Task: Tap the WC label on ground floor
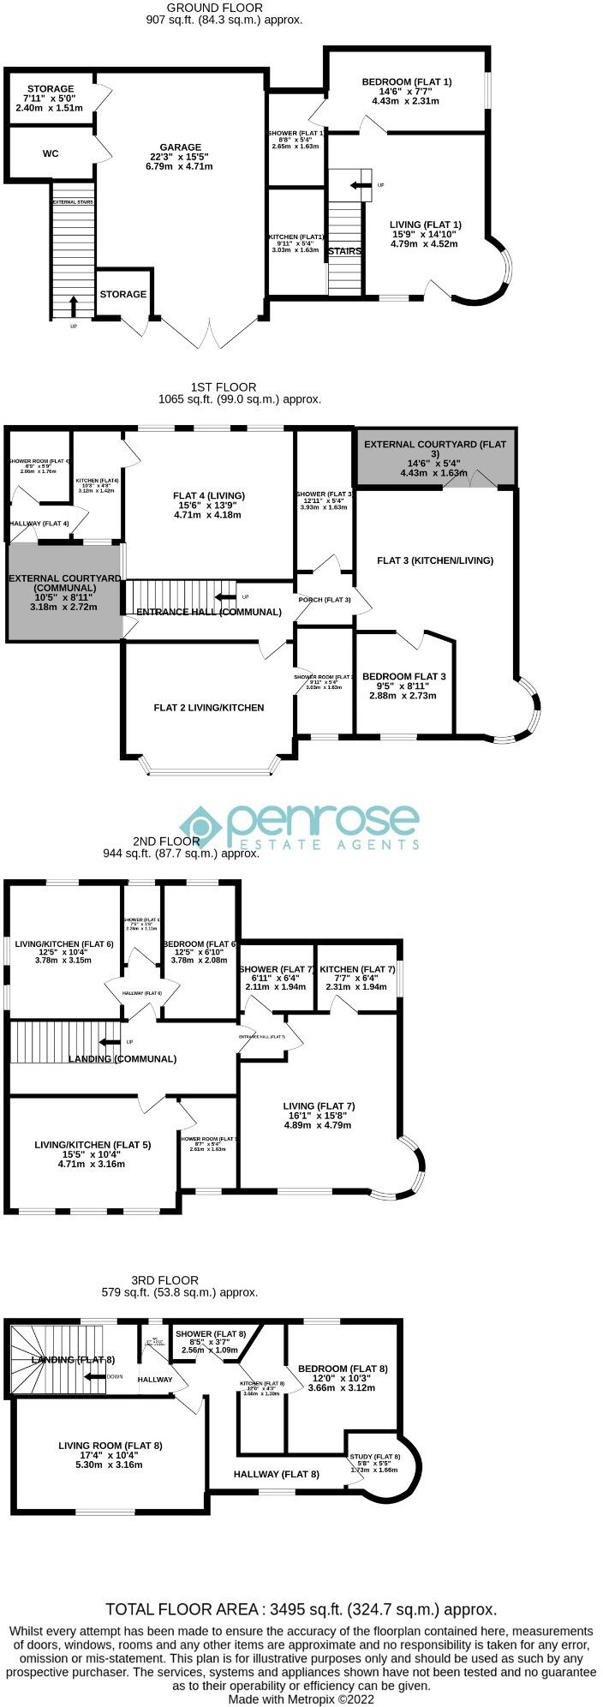tap(51, 154)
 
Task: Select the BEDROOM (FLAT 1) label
tap(405, 82)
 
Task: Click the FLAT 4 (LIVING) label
tap(209, 495)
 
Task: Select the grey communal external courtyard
tap(64, 592)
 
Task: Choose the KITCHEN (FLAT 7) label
tap(357, 969)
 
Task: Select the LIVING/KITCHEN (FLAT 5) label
tap(93, 1144)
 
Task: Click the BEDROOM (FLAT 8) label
tap(342, 1369)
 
